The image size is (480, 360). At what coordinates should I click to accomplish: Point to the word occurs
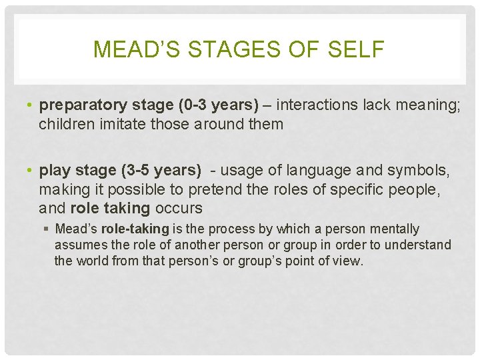point(178,208)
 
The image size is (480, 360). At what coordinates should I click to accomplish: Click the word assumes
point(77,245)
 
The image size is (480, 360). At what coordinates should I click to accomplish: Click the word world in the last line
point(93,261)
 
